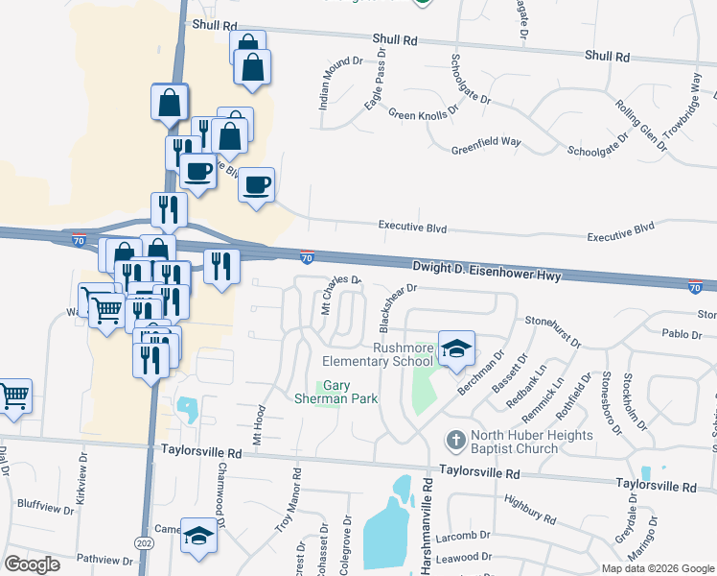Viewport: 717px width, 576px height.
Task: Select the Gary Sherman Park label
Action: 335,392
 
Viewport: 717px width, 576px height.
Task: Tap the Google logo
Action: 32,564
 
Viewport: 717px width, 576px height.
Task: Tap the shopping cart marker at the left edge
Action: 13,396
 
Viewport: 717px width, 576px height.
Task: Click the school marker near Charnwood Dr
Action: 199,536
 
